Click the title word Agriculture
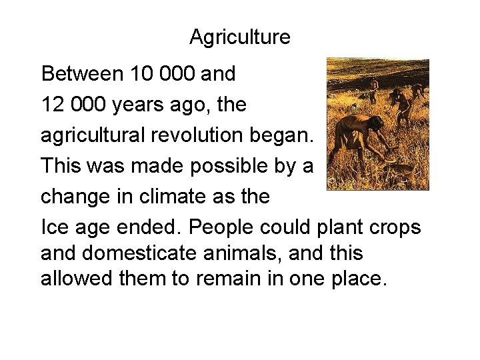pyautogui.click(x=239, y=37)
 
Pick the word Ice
pyautogui.click(x=54, y=227)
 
